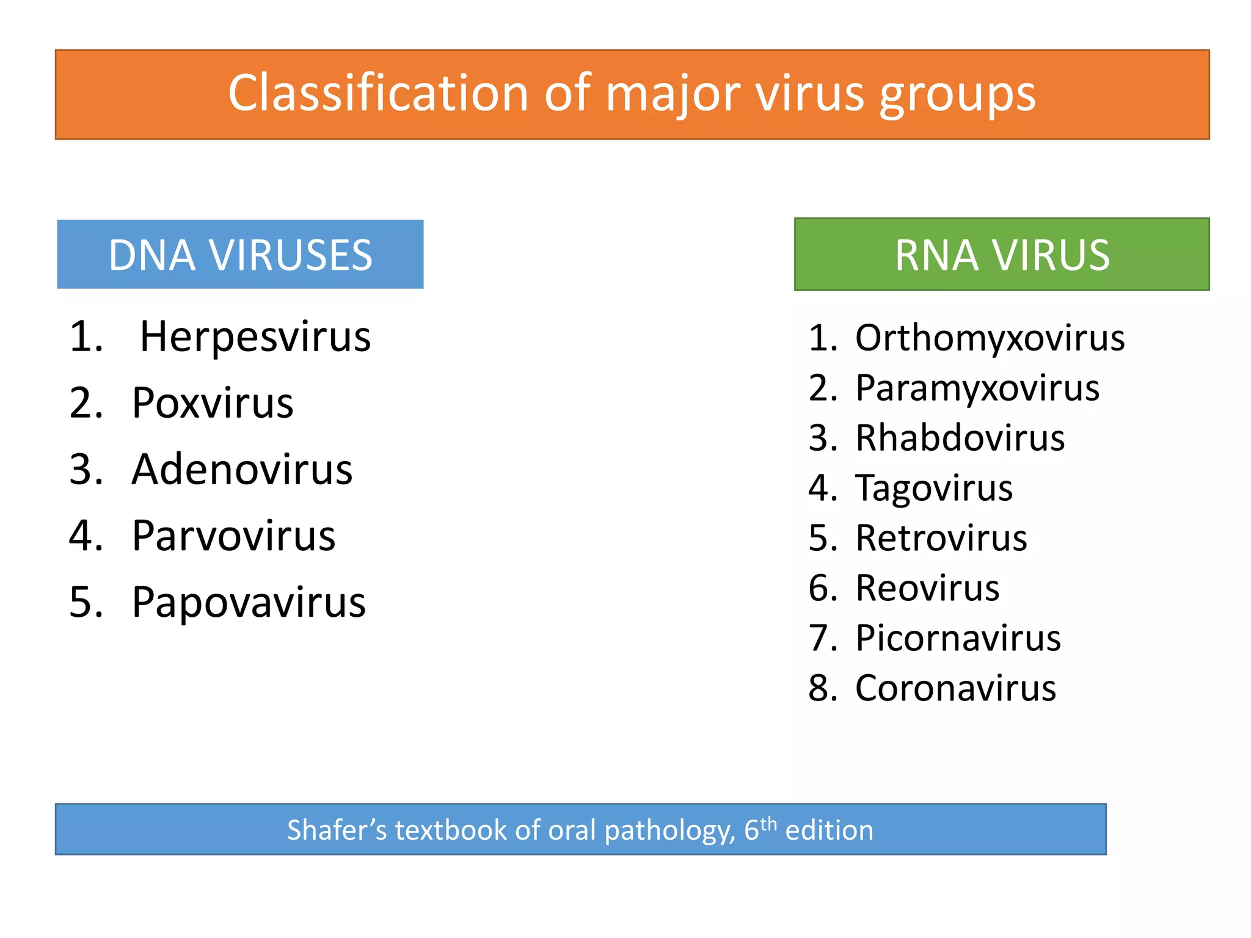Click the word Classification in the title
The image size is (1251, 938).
tap(377, 93)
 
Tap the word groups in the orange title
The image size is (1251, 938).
tap(957, 95)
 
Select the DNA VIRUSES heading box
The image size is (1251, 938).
tap(240, 255)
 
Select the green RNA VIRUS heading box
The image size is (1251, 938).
tap(1002, 255)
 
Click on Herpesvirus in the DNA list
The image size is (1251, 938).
tap(255, 336)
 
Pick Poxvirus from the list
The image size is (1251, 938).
tap(213, 403)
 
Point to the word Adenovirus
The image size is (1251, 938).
tap(242, 470)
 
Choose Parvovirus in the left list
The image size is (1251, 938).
tap(233, 536)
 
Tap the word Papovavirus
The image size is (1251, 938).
tap(249, 603)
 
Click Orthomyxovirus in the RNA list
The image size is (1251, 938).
tap(990, 338)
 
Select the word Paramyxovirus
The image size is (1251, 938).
tap(977, 388)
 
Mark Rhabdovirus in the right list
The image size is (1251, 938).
tap(960, 438)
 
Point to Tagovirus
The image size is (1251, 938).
tap(934, 488)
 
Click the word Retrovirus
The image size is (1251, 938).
tap(941, 538)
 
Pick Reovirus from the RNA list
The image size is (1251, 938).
tap(927, 588)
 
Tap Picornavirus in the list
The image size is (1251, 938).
tap(958, 638)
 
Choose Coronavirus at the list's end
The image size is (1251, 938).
tap(955, 688)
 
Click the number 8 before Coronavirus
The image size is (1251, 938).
tap(819, 688)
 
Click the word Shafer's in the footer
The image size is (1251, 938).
tap(337, 831)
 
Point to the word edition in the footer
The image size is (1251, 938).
tap(829, 831)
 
